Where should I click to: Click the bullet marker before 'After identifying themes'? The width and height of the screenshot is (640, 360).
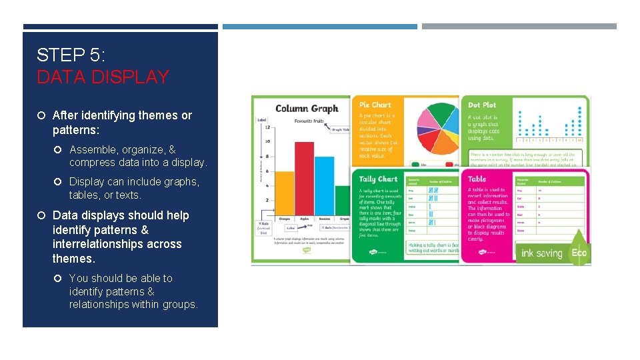tap(41, 115)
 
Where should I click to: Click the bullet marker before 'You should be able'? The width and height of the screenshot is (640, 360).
tap(58, 278)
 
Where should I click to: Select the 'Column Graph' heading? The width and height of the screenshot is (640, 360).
tap(307, 108)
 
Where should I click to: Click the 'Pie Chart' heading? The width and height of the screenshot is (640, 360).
tap(375, 105)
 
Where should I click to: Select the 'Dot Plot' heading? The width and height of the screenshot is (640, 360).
tap(482, 105)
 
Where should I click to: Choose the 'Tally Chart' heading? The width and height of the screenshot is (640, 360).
tap(378, 179)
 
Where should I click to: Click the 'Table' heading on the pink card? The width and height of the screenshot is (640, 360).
tap(477, 179)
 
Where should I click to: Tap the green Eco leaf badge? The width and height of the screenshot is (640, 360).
tap(578, 252)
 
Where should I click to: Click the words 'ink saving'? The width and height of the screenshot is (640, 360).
tap(541, 253)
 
